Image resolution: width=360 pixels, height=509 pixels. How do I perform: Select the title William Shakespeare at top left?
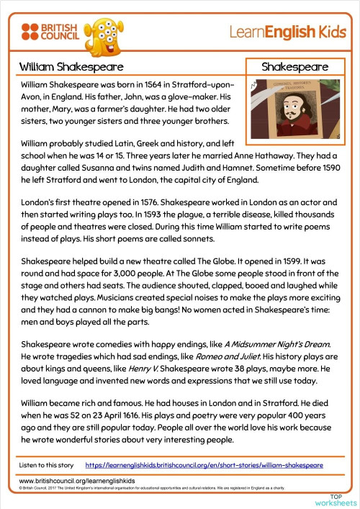(61, 67)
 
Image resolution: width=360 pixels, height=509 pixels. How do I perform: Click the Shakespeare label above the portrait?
(294, 67)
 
